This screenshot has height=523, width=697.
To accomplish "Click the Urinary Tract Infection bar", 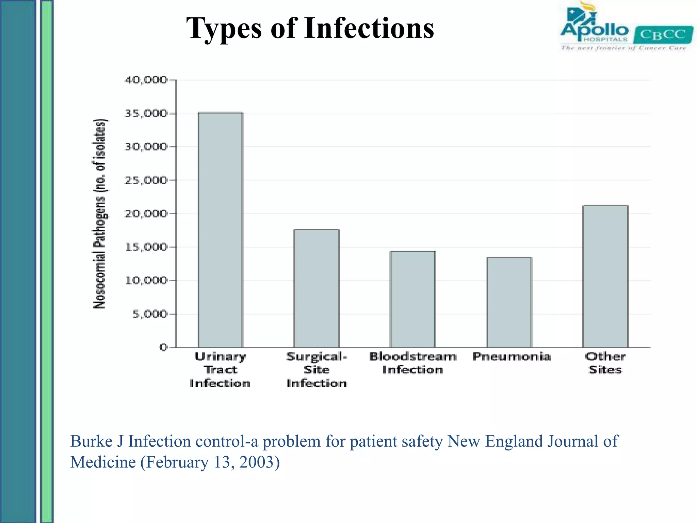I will click(x=221, y=230).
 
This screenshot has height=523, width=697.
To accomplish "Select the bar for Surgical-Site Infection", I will click(x=317, y=288).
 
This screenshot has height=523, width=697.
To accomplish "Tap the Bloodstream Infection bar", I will click(x=412, y=299).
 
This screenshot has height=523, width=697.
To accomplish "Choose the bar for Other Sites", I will click(x=605, y=276).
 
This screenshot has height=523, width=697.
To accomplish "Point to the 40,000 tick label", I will click(x=146, y=80).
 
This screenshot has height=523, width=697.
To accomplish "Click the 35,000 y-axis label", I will click(x=146, y=113).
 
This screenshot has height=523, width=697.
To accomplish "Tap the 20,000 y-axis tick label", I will click(x=146, y=213).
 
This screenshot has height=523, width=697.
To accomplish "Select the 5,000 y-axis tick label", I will click(x=150, y=314).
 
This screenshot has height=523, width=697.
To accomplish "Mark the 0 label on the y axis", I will click(x=163, y=347).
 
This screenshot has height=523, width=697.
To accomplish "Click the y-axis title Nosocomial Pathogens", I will click(x=100, y=213).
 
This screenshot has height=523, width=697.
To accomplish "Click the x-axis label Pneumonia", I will click(x=511, y=356).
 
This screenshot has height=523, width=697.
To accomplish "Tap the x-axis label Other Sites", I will click(x=605, y=363).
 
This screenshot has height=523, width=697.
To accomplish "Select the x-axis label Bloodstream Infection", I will click(x=412, y=363).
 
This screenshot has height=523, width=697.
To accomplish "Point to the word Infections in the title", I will click(x=369, y=28).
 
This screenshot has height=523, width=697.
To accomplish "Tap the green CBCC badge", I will click(x=663, y=34).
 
